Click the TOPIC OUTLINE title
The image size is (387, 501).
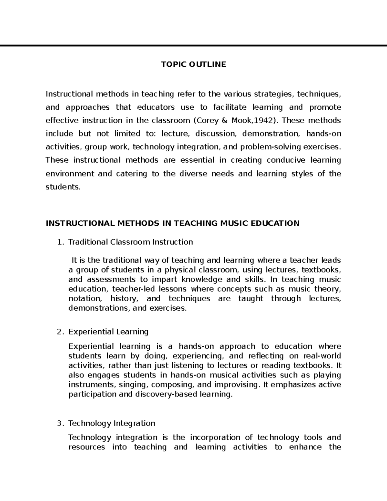coord(193,65)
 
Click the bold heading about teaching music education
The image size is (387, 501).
coord(173,223)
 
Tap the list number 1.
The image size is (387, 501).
coord(59,242)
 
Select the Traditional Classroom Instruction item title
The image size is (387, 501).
coord(131,242)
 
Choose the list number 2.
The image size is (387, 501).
coord(59,332)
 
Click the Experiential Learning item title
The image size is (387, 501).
coord(108,332)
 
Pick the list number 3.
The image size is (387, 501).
coord(59,423)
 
